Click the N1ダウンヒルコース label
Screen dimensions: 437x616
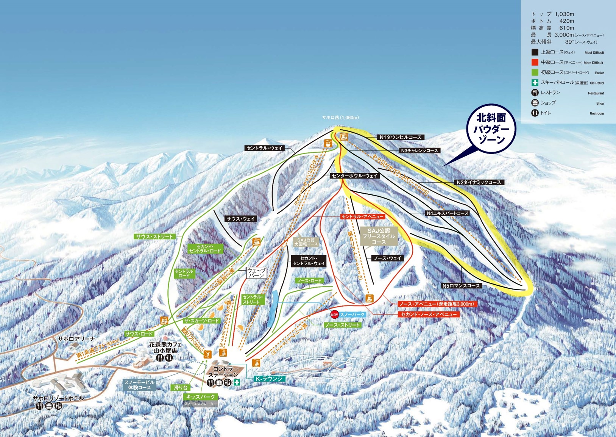point(401,137)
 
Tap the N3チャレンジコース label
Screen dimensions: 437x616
point(419,150)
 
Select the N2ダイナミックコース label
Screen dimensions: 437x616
point(479,182)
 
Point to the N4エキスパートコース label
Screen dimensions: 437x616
point(448,213)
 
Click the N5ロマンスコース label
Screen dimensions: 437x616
point(462,286)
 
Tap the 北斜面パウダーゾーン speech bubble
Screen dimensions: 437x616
point(491,129)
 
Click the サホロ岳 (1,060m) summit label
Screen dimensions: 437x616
point(340,117)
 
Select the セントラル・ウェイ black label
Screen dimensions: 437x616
point(264,148)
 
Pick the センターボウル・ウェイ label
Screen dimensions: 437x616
point(354,176)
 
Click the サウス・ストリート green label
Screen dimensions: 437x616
point(154,237)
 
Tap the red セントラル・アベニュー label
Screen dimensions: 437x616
point(362,217)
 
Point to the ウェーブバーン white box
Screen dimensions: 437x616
point(256,273)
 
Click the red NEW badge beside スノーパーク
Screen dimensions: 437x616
point(334,314)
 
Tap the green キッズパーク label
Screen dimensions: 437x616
point(201,397)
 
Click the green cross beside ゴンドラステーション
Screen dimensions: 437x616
point(237,382)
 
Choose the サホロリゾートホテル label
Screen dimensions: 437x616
point(58,398)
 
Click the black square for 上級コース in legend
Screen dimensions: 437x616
point(535,52)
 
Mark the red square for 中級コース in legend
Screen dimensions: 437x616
point(535,63)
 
